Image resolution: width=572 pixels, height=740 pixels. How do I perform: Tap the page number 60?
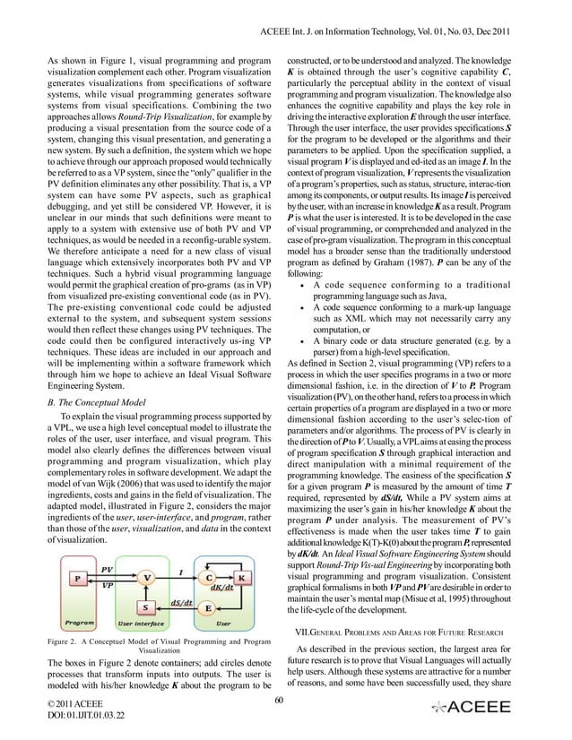(280, 698)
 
